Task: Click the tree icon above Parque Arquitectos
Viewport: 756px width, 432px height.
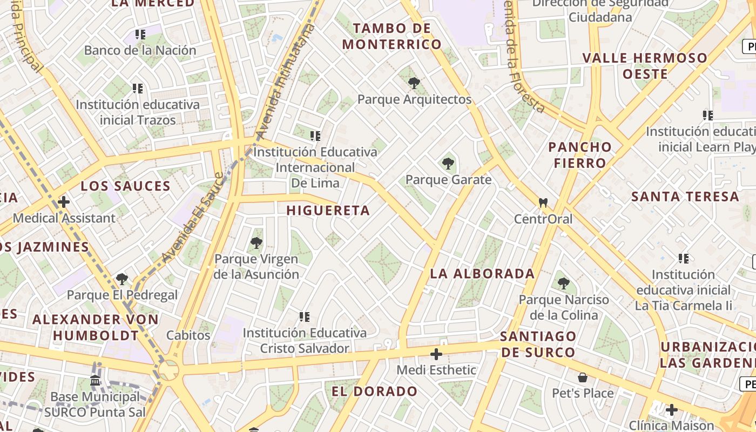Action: (414, 83)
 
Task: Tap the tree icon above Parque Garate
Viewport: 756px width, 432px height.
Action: (448, 163)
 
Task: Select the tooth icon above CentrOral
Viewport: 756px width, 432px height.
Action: (543, 203)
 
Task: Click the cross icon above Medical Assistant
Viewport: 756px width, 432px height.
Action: (64, 202)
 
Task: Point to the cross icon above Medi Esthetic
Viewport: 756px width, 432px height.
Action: (436, 354)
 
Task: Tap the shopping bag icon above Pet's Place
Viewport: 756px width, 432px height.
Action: (583, 377)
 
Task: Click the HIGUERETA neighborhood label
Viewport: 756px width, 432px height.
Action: (328, 211)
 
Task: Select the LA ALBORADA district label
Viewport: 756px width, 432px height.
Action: (482, 273)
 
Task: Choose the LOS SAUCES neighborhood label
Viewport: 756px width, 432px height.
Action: (125, 186)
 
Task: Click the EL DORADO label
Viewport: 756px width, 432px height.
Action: (374, 391)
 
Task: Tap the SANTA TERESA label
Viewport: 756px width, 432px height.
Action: (685, 197)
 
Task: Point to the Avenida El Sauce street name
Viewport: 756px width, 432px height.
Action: (192, 219)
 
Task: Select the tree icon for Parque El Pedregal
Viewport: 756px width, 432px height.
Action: (122, 279)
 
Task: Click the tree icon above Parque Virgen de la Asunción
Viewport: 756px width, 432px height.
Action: (256, 243)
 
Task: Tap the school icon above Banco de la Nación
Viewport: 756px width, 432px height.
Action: (140, 35)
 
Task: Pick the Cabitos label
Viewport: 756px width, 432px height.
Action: (188, 335)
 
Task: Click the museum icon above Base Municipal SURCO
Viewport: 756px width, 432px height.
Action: (96, 381)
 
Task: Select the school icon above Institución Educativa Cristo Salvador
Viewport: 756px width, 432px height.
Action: (305, 316)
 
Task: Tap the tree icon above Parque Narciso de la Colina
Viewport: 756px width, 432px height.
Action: (564, 283)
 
